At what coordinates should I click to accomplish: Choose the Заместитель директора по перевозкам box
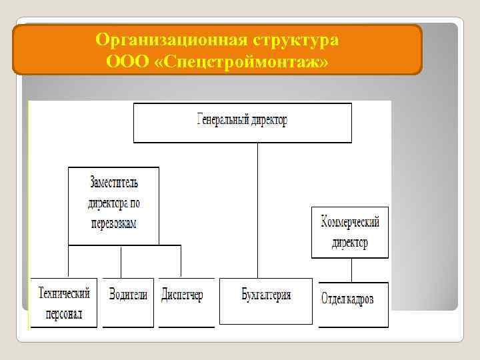[x=113, y=205]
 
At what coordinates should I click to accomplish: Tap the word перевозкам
[x=113, y=223]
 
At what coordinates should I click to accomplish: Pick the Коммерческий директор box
[x=349, y=232]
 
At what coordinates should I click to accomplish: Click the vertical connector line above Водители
[x=121, y=261]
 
